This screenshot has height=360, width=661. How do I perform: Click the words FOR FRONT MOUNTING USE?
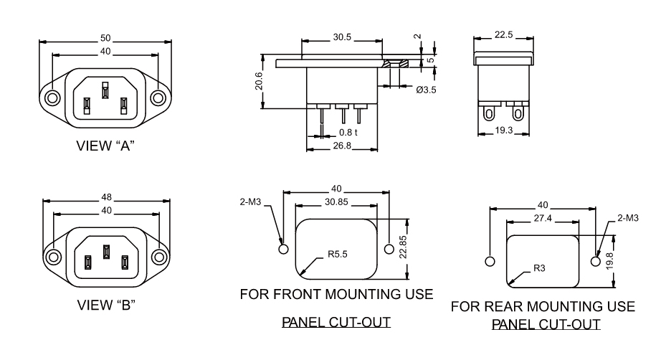[x=336, y=295]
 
